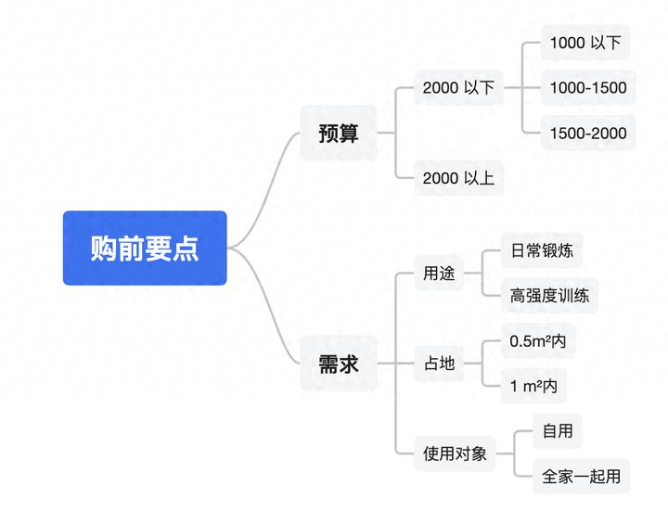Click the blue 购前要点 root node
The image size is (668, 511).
point(145,248)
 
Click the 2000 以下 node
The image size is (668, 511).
point(458,88)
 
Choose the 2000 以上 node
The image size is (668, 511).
point(458,177)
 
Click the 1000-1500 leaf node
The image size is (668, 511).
point(587,88)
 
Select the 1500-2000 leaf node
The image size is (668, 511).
point(587,133)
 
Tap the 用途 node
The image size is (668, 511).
point(439,274)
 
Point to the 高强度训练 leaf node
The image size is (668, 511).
point(548,296)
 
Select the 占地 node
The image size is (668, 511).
point(439,364)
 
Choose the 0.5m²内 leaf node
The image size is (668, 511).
point(537,341)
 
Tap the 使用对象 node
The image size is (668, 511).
point(455,454)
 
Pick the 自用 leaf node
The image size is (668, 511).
point(558,431)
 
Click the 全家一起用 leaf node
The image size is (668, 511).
point(581,477)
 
